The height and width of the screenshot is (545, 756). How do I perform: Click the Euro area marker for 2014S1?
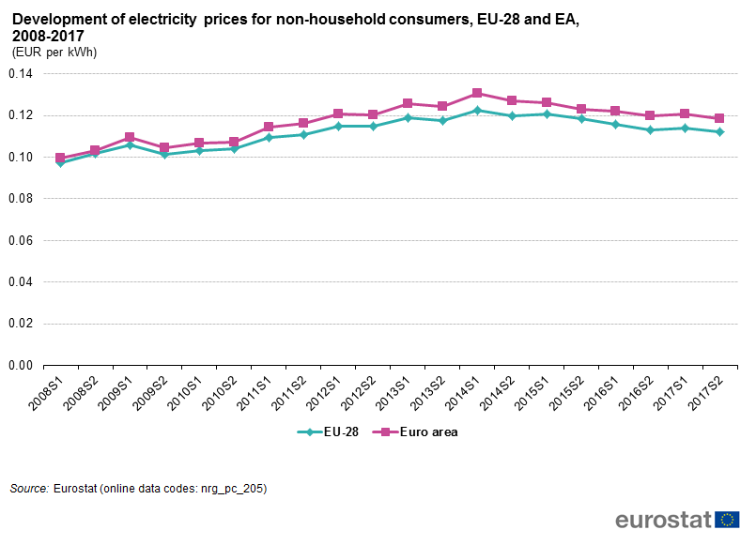click(477, 93)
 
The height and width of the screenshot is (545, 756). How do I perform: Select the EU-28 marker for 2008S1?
click(60, 162)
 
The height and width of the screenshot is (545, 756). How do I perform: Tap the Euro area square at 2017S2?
click(719, 118)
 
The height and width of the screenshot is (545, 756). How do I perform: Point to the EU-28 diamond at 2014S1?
click(477, 111)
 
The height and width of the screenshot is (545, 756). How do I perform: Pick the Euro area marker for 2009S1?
click(130, 137)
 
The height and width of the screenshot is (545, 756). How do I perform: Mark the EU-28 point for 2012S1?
click(338, 126)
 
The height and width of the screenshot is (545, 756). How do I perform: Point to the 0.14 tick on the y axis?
click(20, 74)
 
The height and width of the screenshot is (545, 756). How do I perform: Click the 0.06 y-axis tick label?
click(20, 241)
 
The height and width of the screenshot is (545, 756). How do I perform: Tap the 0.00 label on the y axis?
click(20, 366)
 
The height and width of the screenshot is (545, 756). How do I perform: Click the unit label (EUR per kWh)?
click(54, 53)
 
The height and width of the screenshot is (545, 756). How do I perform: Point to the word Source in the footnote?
click(28, 489)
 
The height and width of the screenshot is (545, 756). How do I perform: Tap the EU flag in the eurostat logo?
click(727, 520)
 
